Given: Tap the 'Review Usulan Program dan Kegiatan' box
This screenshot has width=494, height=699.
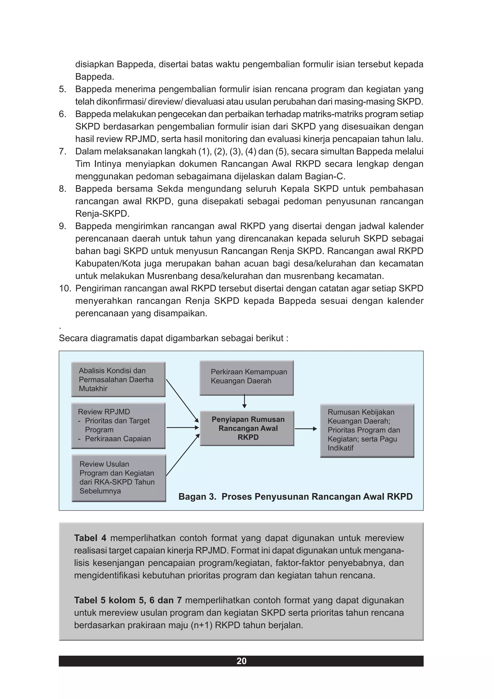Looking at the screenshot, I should [119, 478].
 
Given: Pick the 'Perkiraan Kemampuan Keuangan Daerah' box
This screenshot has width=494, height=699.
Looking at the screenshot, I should [247, 377].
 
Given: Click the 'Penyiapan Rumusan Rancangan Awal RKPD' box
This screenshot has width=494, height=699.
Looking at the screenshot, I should [247, 428].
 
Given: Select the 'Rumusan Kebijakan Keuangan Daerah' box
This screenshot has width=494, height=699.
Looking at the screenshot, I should [367, 430].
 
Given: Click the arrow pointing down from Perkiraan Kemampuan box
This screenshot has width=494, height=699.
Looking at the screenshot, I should [244, 402].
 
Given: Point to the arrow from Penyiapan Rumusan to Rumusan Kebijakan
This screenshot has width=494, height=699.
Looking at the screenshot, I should [306, 429].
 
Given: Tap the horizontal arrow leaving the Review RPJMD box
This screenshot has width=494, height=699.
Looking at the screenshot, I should [182, 427].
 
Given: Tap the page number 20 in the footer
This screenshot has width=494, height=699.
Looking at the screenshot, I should [241, 661].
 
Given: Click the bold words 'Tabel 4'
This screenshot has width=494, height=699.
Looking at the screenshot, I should [90, 538].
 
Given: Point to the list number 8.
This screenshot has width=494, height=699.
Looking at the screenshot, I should [62, 189].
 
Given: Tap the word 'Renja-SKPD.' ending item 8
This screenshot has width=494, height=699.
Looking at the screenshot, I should [102, 214].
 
